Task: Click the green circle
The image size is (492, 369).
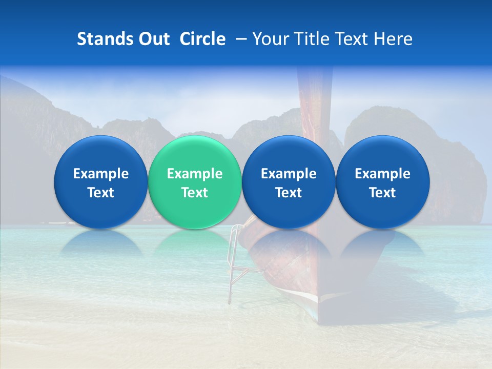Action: coord(195,154)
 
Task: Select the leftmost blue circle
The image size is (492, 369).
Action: coord(100,154)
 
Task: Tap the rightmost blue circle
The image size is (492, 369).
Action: coord(382,154)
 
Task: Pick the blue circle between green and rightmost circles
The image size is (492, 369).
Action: coord(289,154)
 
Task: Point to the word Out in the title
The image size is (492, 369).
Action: coord(153,39)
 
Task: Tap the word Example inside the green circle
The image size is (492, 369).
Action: coord(195,174)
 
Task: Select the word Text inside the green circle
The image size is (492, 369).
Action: coord(195,193)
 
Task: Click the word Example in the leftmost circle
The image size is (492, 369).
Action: coord(100,174)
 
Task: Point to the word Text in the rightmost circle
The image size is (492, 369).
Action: coord(382,193)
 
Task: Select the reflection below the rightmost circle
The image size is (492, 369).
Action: coord(382,243)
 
